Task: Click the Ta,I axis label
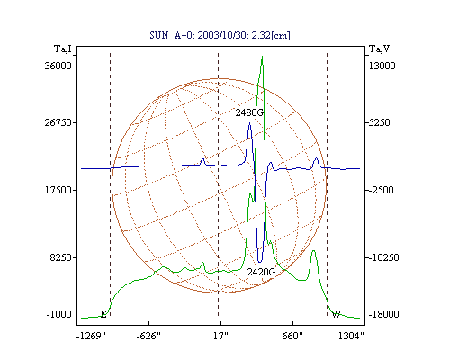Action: [x=63, y=49]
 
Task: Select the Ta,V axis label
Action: [x=379, y=49]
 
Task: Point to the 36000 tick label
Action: [x=58, y=66]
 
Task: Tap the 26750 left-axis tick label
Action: [x=58, y=122]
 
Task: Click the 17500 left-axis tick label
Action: [x=58, y=190]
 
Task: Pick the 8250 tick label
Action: [x=61, y=257]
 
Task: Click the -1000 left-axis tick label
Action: [x=59, y=314]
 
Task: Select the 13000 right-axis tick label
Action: [x=382, y=66]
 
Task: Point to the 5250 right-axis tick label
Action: [x=379, y=122]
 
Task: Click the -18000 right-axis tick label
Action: [x=383, y=314]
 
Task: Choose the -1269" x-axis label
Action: [x=91, y=336]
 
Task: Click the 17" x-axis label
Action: [x=220, y=336]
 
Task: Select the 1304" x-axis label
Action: [x=351, y=336]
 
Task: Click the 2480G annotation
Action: [x=249, y=112]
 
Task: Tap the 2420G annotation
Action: [x=261, y=272]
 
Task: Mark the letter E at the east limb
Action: [x=103, y=314]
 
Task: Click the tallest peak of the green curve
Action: [x=262, y=57]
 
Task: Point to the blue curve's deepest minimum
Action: [x=260, y=262]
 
